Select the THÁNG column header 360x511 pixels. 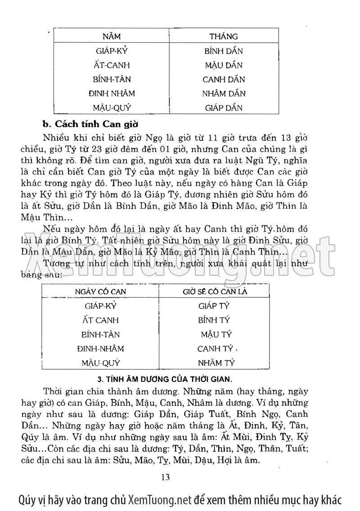pos(223,36)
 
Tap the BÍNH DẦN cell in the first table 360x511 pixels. pos(223,51)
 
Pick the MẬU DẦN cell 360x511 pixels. pos(223,65)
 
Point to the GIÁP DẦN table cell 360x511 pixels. pos(223,108)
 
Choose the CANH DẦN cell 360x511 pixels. pos(223,80)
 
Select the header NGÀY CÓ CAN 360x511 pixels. pos(100,291)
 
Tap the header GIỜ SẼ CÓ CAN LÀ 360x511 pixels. pos(215,291)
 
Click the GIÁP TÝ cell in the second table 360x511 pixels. pos(214,306)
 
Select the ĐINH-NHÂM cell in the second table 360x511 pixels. pos(101,349)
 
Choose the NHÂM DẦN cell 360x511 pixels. pos(223,94)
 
